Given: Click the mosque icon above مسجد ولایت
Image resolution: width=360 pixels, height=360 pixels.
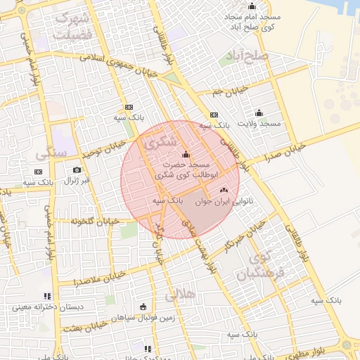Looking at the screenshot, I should pos(259,112).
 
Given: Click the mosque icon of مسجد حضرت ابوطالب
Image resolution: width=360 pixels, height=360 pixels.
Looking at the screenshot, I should pos(186,155).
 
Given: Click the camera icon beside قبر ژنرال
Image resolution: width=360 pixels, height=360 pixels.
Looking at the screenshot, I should pos(77,169).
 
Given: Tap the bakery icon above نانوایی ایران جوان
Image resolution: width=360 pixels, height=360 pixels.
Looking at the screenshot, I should pos(224,189).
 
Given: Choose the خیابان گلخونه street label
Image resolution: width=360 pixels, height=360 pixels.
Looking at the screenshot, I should pos(91,221).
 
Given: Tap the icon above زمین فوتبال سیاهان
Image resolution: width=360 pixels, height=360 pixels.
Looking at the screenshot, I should pos(143,306).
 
